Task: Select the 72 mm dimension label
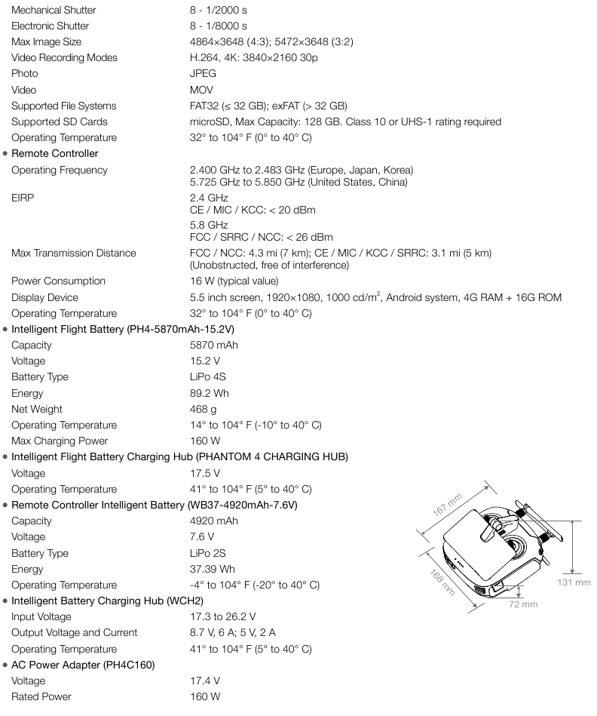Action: click(x=523, y=604)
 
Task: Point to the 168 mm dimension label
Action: click(x=439, y=582)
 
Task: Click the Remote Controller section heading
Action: click(x=55, y=154)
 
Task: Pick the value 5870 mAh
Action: click(x=213, y=345)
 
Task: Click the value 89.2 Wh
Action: click(x=209, y=393)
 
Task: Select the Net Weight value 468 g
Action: click(x=204, y=409)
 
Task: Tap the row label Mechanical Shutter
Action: click(x=54, y=11)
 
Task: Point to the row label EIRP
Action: click(x=23, y=198)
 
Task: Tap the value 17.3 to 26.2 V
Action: click(x=223, y=617)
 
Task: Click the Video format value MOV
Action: click(x=201, y=90)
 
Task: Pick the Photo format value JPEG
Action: click(x=203, y=74)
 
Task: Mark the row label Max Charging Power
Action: click(x=60, y=441)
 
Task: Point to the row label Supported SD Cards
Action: click(x=59, y=121)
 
